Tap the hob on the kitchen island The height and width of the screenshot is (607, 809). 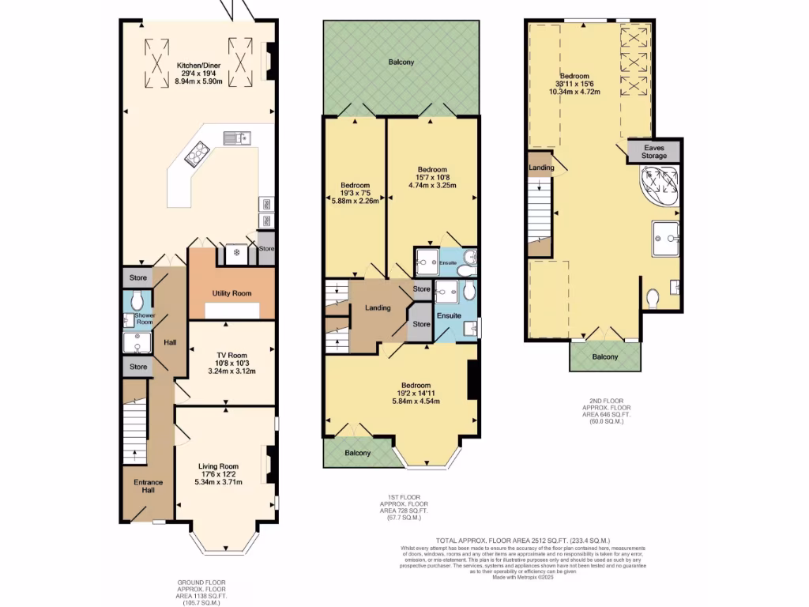196,156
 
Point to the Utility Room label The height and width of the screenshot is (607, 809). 231,293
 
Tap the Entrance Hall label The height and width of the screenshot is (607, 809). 148,486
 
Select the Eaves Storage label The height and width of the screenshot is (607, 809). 653,152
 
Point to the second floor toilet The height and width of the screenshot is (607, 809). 653,299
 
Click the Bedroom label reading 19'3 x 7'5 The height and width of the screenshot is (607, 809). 354,185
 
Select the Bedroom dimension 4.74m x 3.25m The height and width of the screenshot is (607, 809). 432,186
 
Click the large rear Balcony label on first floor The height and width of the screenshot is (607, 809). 401,62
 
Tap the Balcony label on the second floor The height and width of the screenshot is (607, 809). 605,357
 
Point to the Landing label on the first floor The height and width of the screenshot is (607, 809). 377,307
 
